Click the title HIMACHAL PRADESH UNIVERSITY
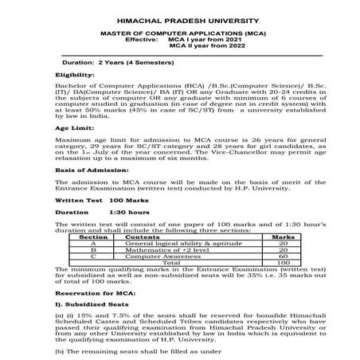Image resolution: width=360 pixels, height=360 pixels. pyautogui.click(x=179, y=17)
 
